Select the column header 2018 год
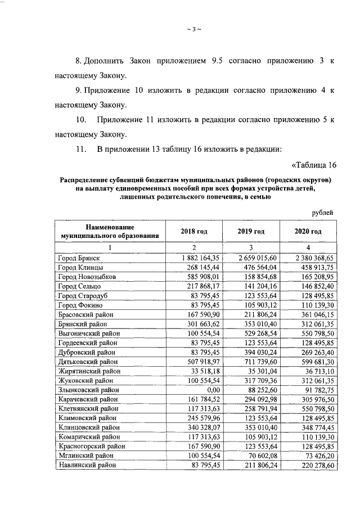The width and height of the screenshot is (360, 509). [x=194, y=231]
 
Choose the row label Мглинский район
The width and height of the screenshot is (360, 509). [x=84, y=456]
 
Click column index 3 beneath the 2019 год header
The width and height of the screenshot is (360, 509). [x=251, y=247]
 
